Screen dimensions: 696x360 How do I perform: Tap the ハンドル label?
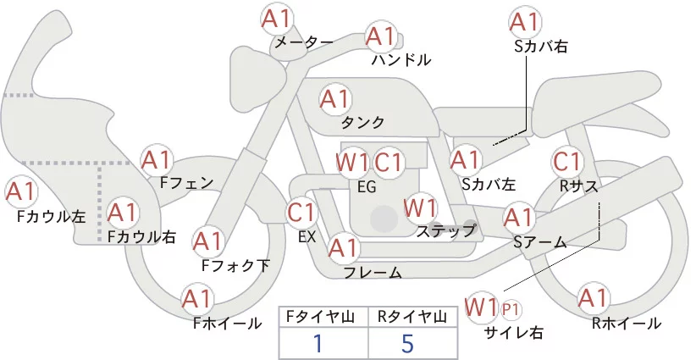[x=401, y=60]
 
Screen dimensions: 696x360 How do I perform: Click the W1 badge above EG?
[x=352, y=162]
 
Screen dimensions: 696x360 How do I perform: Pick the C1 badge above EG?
[x=391, y=162]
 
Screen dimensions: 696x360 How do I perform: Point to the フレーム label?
[x=373, y=272]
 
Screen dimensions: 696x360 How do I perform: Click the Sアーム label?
[x=539, y=242]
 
